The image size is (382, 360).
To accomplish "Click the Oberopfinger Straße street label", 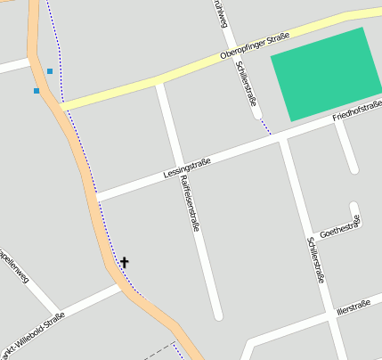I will [254, 48].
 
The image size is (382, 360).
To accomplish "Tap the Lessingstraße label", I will [187, 168].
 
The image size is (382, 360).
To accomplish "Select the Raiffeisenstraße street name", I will [189, 204].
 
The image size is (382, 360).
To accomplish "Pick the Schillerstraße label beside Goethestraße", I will [315, 259].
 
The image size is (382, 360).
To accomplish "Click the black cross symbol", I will [125, 262].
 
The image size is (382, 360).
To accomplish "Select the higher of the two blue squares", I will [50, 71].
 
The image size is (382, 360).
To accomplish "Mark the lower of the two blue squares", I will [37, 91].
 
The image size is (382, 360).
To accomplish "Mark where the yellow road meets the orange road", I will [59, 104].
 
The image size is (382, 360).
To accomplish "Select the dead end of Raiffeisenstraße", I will [217, 315].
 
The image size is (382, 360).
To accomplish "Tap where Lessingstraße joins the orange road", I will [95, 197].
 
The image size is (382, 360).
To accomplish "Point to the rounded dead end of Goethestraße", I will [354, 208].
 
